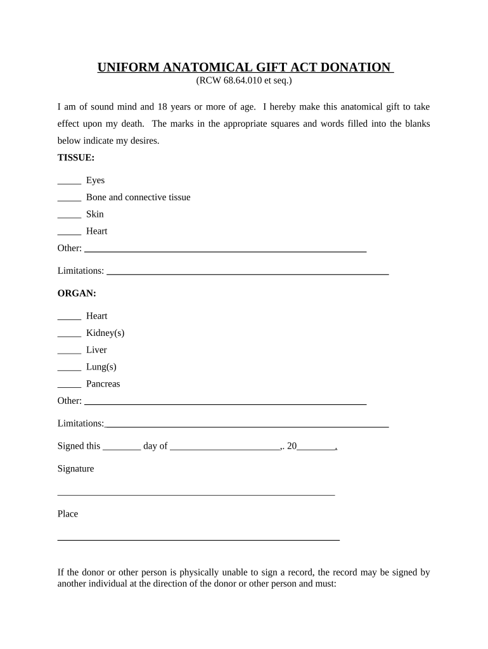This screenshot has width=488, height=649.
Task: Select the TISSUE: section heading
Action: pos(76,158)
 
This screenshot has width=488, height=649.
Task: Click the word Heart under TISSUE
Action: pos(97,231)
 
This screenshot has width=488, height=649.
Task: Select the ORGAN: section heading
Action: pos(77,293)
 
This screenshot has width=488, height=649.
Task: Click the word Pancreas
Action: pos(103,384)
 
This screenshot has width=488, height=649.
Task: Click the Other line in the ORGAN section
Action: pos(225,402)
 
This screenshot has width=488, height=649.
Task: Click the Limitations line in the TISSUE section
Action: pos(247,273)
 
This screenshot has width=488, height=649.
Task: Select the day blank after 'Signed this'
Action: pos(122,447)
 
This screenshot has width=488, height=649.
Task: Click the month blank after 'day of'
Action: pos(225,447)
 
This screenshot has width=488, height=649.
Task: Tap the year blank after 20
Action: pos(316,447)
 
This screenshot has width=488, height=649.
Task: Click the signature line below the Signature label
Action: pos(196,493)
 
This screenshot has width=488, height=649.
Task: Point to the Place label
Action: pos(68,514)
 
